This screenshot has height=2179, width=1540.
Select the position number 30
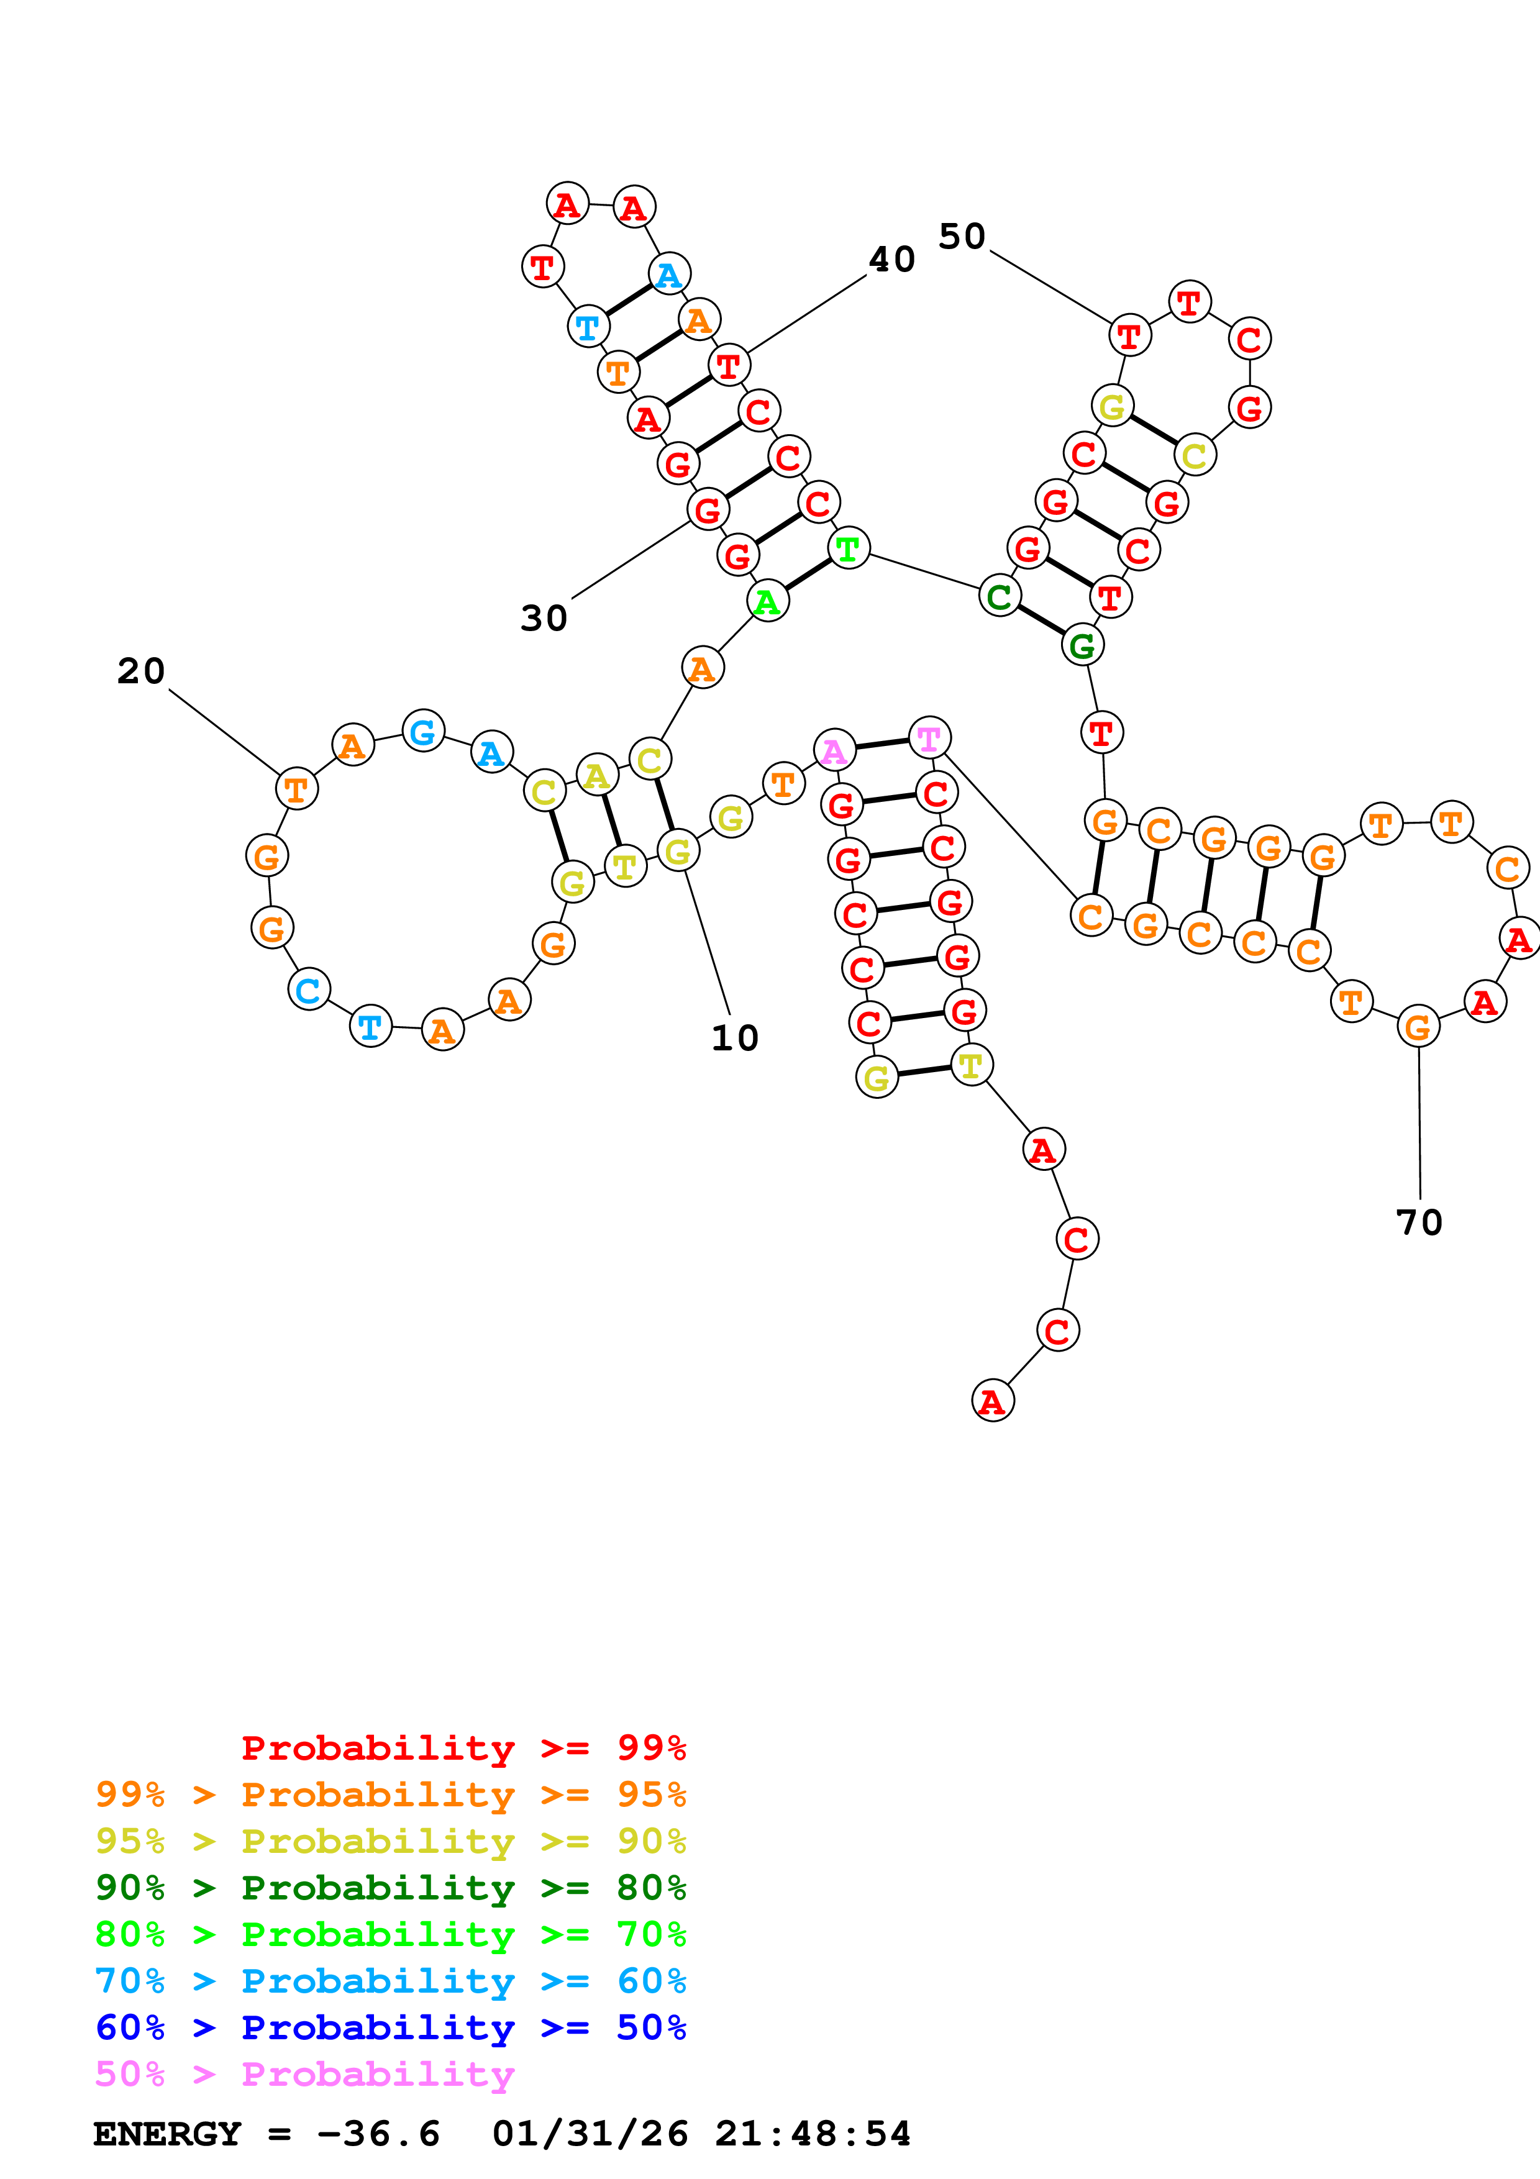544,618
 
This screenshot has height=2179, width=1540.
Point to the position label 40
892,259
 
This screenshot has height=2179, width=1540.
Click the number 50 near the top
962,236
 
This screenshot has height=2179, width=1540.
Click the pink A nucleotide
834,751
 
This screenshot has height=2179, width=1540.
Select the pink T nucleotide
929,737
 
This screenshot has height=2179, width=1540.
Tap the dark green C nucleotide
999,596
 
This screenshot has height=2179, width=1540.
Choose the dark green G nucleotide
1082,645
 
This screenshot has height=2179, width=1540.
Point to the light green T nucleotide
849,548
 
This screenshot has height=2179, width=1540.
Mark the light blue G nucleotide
423,730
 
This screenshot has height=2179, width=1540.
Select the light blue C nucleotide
308,990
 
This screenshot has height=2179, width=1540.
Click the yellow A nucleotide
597,775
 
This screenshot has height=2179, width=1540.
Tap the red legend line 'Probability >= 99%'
463,1747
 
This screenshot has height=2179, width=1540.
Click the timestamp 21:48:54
812,2134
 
